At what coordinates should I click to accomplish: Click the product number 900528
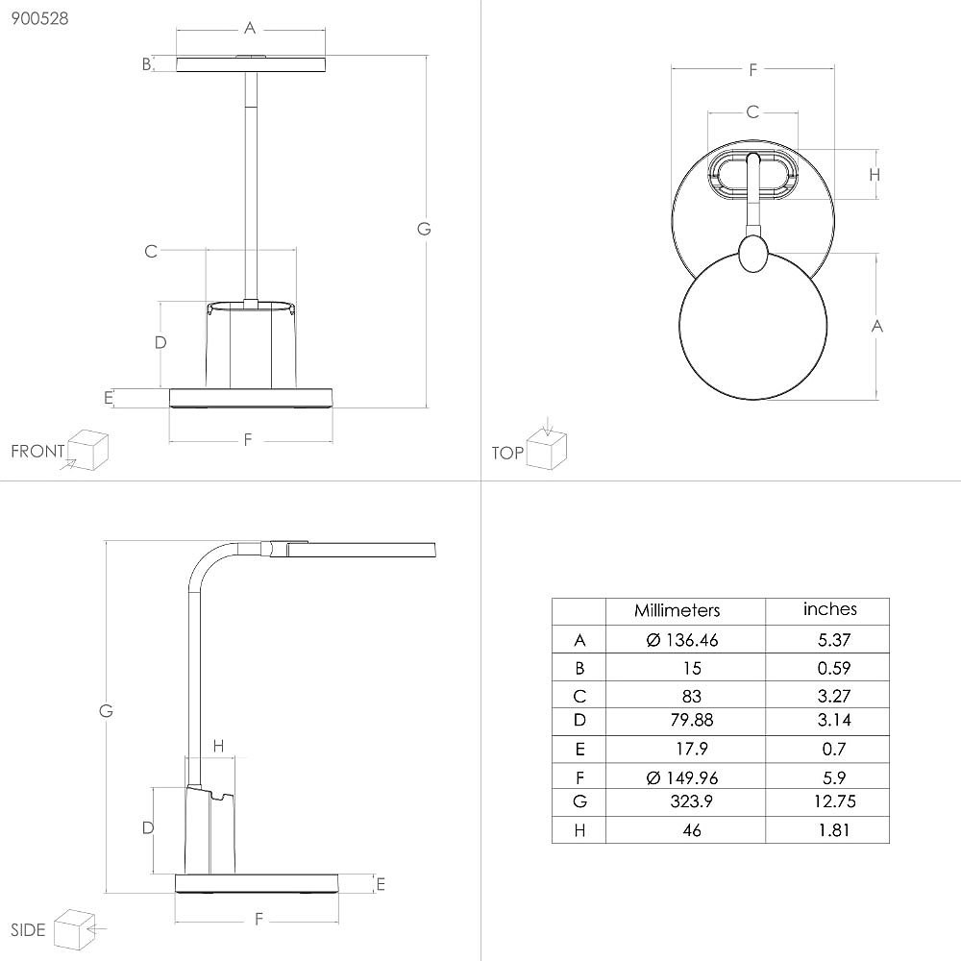pos(39,18)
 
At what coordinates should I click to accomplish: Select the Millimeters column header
pos(677,610)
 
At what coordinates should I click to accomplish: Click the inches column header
pos(830,609)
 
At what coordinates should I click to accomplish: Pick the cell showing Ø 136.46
pos(681,640)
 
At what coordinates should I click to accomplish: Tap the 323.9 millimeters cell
pos(691,801)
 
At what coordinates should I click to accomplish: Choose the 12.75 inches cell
pos(834,801)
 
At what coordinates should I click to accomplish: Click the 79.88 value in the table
pos(691,720)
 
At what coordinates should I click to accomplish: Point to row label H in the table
pos(579,830)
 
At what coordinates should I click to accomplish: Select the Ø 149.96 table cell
pos(681,777)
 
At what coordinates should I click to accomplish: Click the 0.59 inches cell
pos(833,668)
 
